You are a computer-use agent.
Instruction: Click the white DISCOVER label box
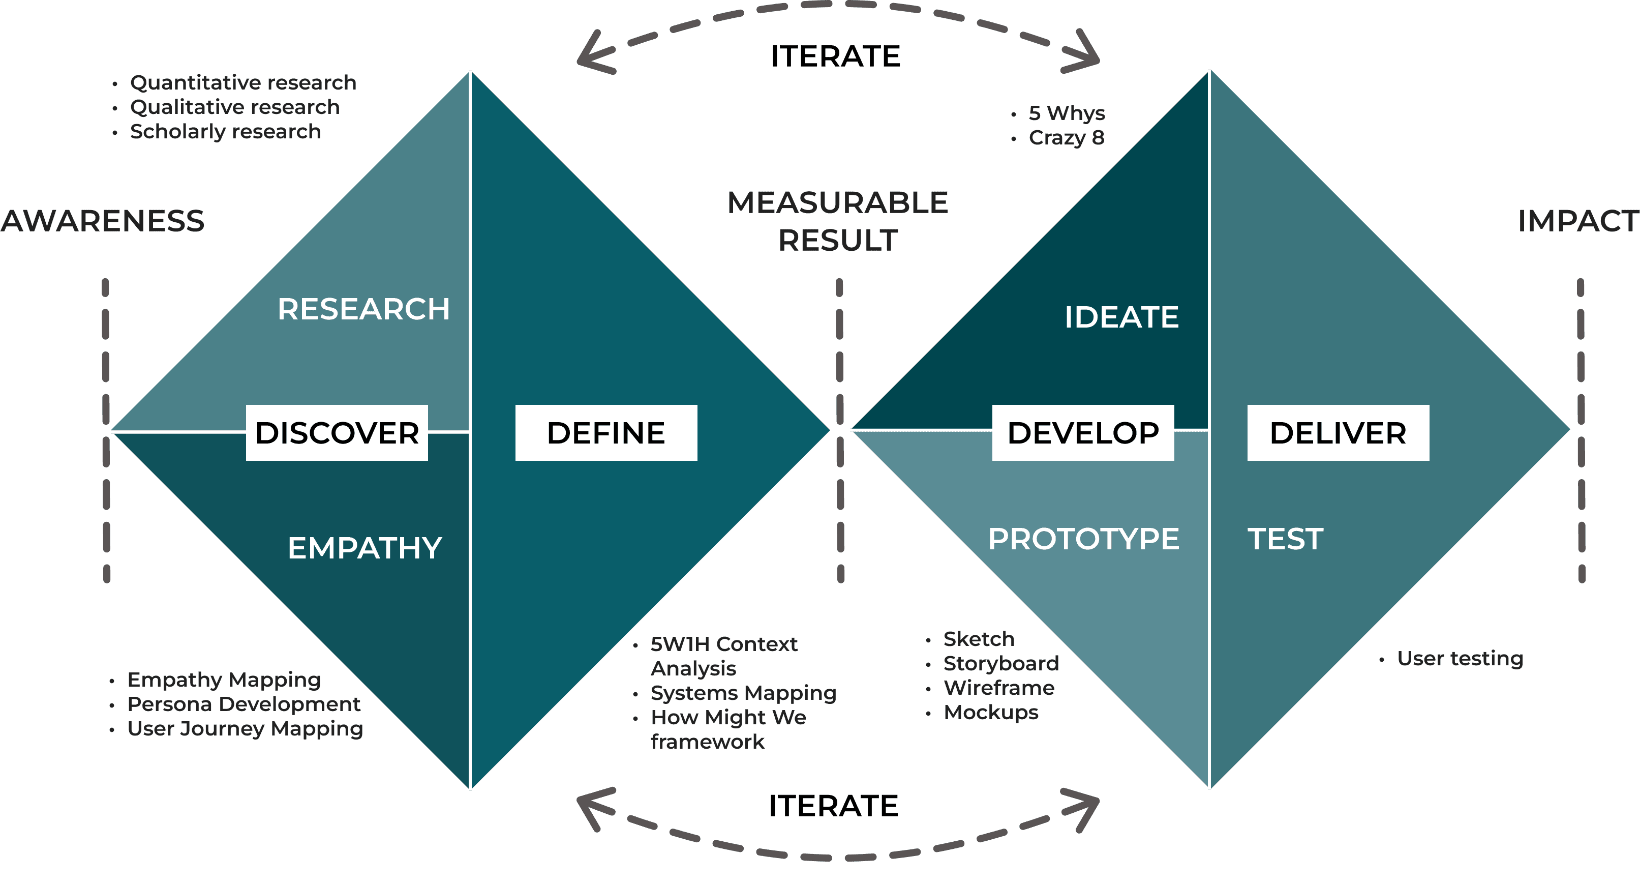(x=337, y=433)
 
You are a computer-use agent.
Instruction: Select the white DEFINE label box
(x=606, y=433)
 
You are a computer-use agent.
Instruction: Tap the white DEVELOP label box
(x=1083, y=433)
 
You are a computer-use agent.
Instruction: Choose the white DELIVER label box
(x=1338, y=433)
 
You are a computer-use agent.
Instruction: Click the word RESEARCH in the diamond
(x=363, y=310)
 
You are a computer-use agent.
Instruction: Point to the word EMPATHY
(x=365, y=548)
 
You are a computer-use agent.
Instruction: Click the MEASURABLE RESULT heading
(x=838, y=222)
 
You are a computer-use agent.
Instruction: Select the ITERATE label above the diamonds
(x=835, y=56)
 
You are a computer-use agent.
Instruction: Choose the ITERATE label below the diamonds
(x=833, y=806)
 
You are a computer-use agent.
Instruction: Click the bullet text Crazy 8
(x=1067, y=137)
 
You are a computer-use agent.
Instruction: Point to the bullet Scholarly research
(x=225, y=132)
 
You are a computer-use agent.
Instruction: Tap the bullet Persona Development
(x=244, y=704)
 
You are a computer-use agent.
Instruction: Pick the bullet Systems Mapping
(x=743, y=693)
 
